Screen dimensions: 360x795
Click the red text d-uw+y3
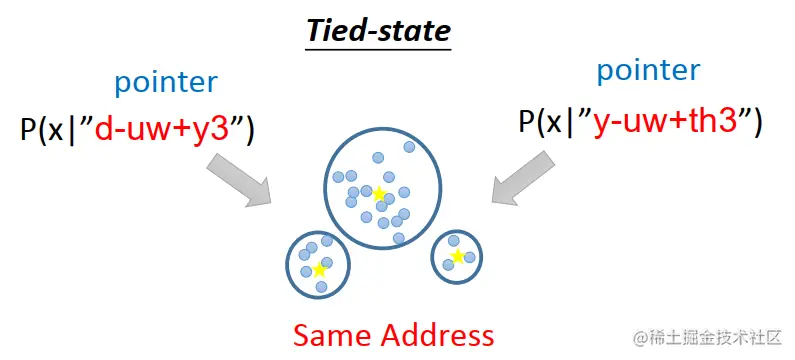(171, 131)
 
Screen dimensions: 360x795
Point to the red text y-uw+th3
(665, 121)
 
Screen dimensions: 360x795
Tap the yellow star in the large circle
(379, 193)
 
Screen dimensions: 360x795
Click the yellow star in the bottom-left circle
(319, 269)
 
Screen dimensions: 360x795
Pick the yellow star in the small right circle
(457, 257)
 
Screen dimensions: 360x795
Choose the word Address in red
(436, 335)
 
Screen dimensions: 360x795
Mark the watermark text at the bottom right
(706, 337)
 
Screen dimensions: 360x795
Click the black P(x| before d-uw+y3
(50, 131)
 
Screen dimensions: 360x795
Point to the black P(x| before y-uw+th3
(550, 121)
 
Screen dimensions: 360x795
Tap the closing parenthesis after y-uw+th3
(758, 122)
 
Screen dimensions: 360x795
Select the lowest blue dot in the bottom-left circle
(321, 287)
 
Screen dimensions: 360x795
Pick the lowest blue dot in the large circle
(398, 238)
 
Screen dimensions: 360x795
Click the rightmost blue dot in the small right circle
(469, 258)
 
